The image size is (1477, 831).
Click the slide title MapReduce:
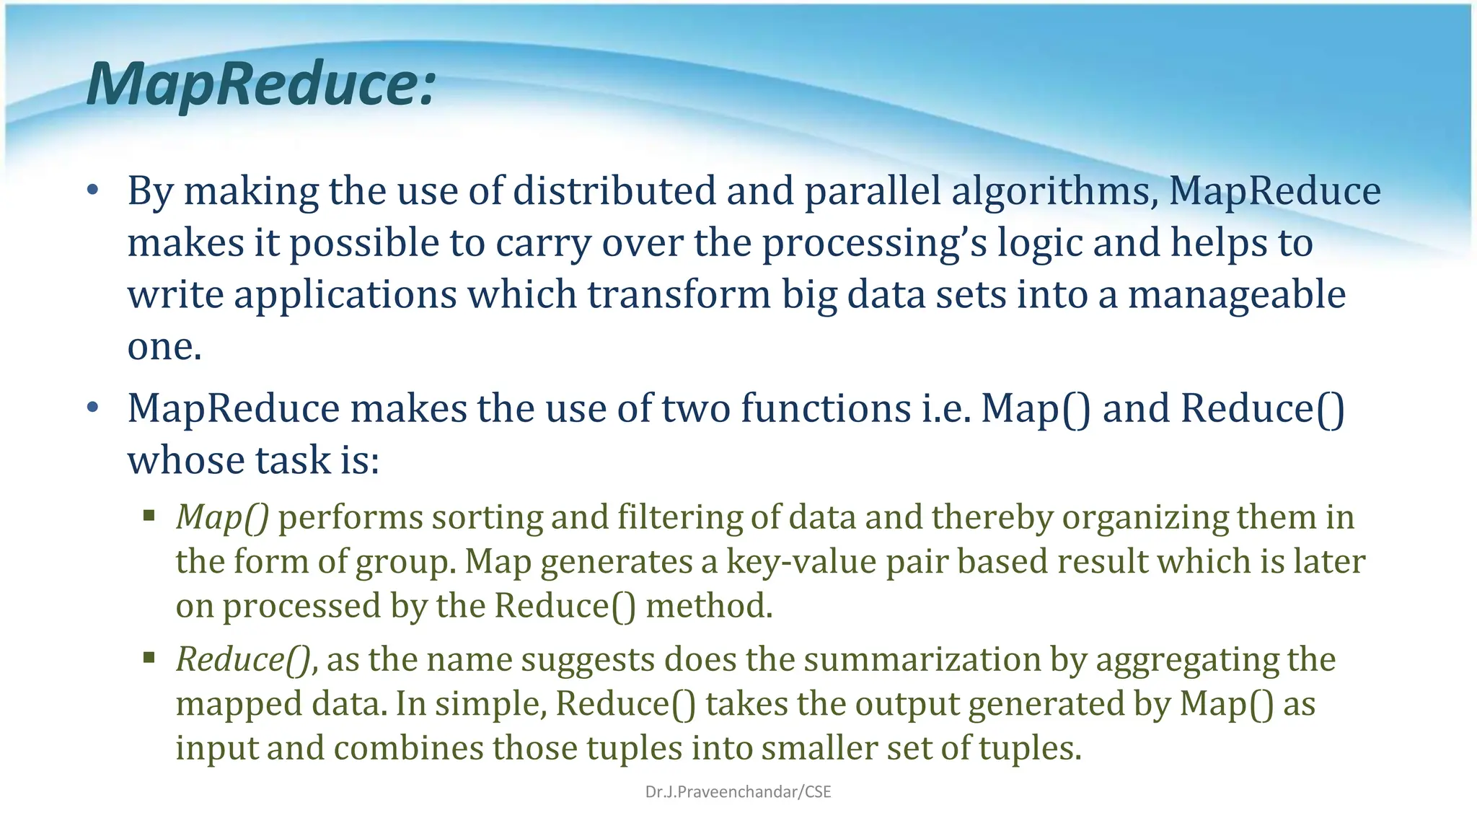pos(261,84)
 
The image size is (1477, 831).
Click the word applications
pos(345,295)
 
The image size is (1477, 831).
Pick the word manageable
pos(1236,295)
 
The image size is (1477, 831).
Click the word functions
pos(826,408)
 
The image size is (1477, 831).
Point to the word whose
pos(186,460)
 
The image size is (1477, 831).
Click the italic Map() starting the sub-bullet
pos(222,517)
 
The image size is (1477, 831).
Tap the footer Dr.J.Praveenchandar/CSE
pos(738,792)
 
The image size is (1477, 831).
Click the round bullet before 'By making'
pos(92,191)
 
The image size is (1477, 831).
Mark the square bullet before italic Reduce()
pos(149,657)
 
